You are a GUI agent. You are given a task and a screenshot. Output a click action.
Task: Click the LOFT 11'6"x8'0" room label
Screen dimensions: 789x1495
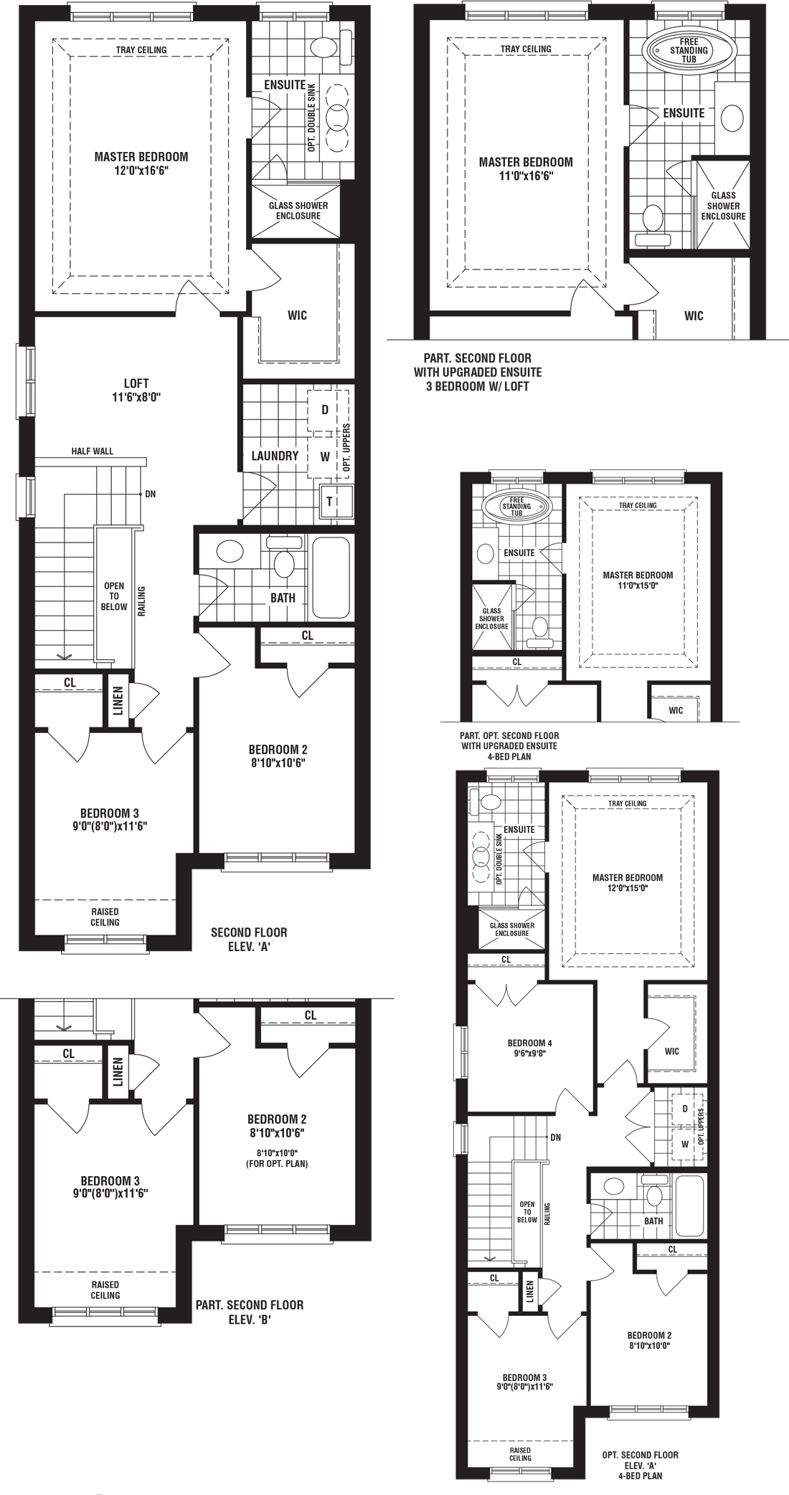(x=136, y=390)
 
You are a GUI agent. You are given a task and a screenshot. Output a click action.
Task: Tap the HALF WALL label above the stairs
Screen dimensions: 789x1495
(x=93, y=452)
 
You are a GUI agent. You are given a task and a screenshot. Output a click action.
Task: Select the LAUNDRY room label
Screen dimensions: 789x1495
(x=275, y=456)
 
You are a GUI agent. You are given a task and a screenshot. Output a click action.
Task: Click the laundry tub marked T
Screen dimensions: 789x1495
(x=330, y=502)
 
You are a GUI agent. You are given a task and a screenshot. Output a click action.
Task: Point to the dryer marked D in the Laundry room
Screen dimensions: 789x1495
(x=325, y=410)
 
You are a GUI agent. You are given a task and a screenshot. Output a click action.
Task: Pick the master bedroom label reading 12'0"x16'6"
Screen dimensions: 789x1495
(x=141, y=163)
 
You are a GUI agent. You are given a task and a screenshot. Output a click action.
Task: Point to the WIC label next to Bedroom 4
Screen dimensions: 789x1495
(x=671, y=1051)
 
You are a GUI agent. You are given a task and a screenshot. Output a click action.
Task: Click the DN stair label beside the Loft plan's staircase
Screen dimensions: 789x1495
(x=150, y=494)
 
